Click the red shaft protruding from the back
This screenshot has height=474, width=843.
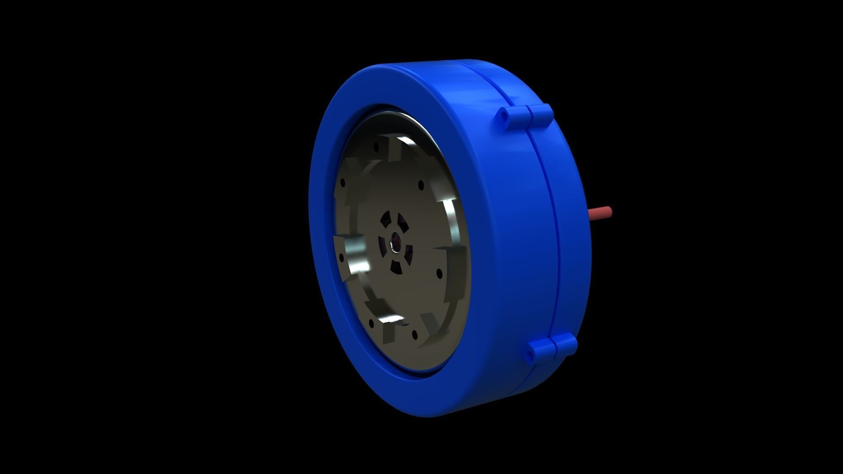tap(601, 213)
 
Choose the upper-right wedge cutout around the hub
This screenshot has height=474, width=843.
tap(403, 223)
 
